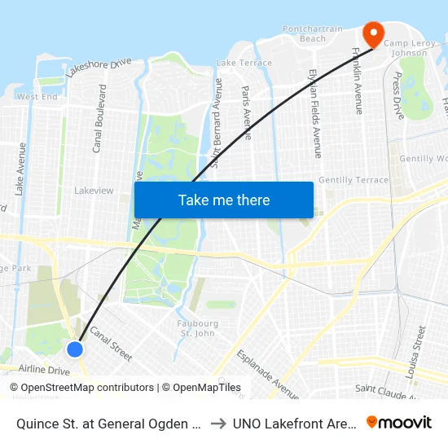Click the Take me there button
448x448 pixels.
tap(224, 200)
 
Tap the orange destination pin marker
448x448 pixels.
tap(373, 34)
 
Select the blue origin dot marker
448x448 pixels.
tap(75, 349)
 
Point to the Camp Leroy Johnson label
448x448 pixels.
tap(405, 48)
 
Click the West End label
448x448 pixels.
tap(37, 97)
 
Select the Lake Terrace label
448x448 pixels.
tap(244, 63)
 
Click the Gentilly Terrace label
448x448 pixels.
tap(354, 180)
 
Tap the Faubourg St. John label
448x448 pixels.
tap(198, 328)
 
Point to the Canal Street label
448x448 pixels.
tap(111, 343)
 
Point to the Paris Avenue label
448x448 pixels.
tap(248, 112)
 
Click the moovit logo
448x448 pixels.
tap(399, 422)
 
